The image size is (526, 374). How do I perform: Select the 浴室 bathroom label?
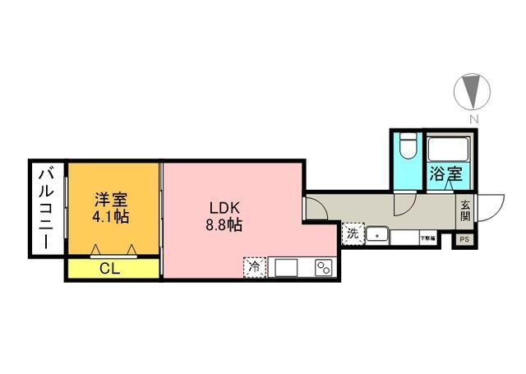click(x=446, y=174)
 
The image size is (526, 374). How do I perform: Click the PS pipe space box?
click(x=465, y=241)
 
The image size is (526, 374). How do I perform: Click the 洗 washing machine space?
click(x=353, y=233)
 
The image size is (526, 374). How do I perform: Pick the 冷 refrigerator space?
click(x=254, y=266)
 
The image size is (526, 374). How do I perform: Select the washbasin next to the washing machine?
click(x=376, y=235)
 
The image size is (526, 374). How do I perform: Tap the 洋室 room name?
click(x=110, y=200)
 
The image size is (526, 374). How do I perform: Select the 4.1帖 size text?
click(x=110, y=217)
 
